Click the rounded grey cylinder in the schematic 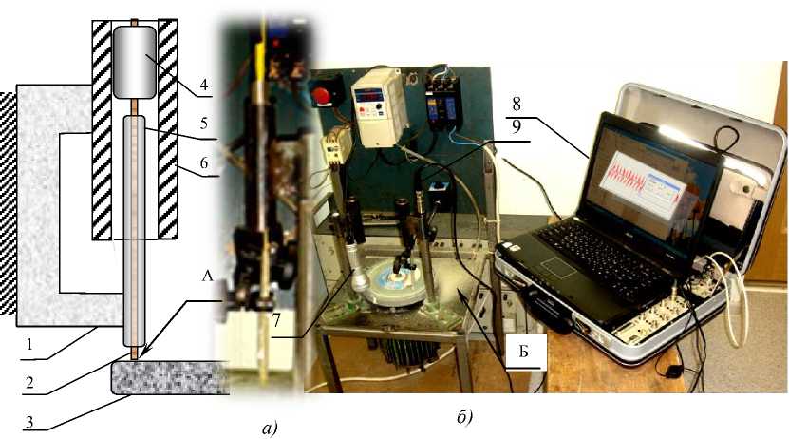tap(135, 62)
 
